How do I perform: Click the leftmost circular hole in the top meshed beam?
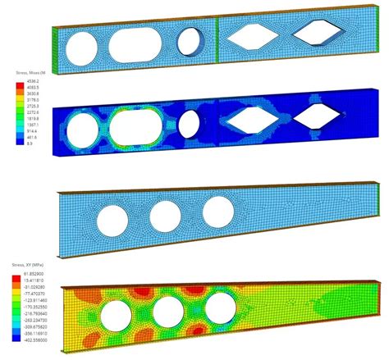(x=83, y=44)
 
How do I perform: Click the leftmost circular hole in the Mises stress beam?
(x=84, y=130)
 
